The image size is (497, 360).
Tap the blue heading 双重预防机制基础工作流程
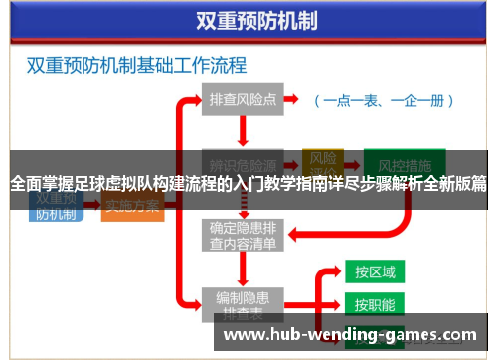(136, 67)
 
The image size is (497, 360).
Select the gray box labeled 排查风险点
(243, 100)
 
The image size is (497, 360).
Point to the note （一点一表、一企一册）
(383, 100)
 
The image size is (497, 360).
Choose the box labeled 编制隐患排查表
(244, 302)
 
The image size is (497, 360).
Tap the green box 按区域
(375, 271)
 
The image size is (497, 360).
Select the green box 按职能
(375, 303)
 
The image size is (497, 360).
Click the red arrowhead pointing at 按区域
(337, 271)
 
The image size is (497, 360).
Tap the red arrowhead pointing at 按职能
(337, 303)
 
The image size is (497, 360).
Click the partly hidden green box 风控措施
(397, 162)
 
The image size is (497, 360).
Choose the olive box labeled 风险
(323, 159)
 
